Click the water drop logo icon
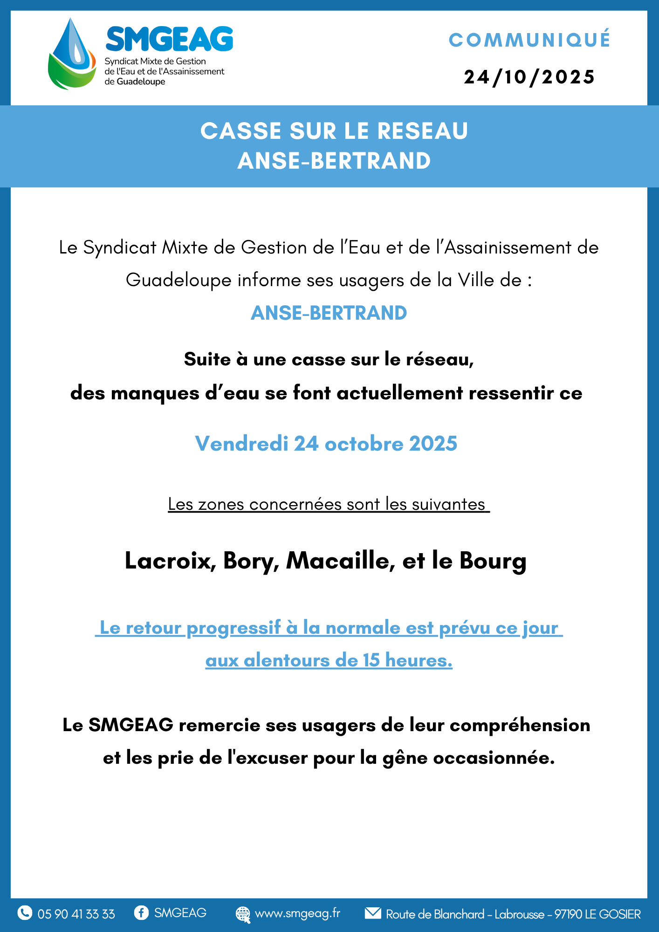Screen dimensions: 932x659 72,55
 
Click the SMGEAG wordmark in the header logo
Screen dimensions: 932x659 170,39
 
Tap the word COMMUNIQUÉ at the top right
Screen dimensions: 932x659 529,40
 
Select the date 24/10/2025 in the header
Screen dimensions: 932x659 529,77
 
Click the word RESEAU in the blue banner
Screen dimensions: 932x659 422,131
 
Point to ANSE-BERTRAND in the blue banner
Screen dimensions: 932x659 334,161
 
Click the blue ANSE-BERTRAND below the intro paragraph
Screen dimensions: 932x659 329,313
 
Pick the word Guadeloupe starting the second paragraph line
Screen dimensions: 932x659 178,281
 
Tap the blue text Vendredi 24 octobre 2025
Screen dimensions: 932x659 326,444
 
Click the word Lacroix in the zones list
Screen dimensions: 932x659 170,561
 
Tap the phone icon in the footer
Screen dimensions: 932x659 25,912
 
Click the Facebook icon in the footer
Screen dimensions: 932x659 141,912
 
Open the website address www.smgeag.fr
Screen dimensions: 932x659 297,913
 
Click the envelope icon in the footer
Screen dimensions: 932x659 373,912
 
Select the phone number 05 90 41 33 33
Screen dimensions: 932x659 76,914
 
